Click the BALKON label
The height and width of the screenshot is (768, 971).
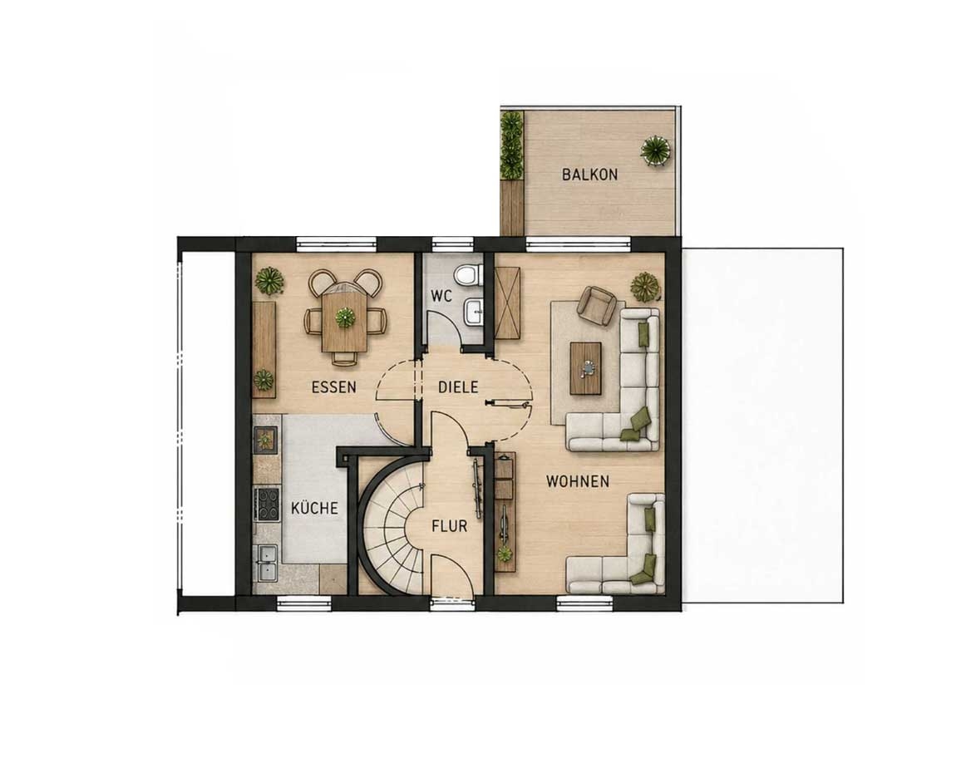pos(589,174)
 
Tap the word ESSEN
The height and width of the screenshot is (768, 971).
pos(334,387)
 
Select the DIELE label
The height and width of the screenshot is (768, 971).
pos(458,387)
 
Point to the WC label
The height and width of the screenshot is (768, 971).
pos(441,296)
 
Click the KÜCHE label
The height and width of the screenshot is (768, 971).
pos(314,508)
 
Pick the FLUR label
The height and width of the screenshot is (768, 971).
pos(450,526)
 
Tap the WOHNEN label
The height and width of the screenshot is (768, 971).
pos(577,481)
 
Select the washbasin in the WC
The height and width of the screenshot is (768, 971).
pos(472,310)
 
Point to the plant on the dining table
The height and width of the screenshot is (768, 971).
pos(345,318)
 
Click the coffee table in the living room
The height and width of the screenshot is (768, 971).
pos(585,368)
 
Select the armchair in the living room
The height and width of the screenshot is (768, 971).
pos(597,305)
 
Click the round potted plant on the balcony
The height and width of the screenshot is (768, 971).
pos(655,149)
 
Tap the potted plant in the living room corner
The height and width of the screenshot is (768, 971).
pos(644,287)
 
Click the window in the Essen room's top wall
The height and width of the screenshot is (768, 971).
pos(337,244)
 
